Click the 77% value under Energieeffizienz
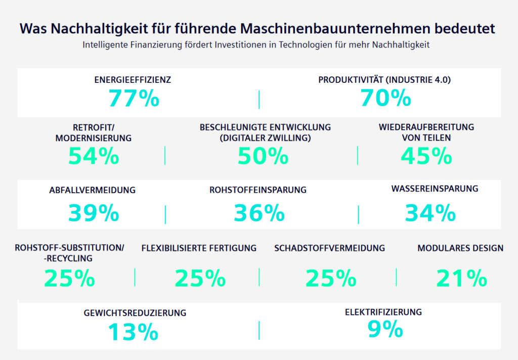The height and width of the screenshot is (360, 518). [x=134, y=98]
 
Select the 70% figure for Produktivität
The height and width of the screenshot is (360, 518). [x=385, y=98]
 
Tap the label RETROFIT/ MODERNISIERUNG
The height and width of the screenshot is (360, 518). [x=94, y=132]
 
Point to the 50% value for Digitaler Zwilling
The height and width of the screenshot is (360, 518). [x=263, y=157]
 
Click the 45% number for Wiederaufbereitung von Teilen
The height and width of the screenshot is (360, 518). [x=426, y=156]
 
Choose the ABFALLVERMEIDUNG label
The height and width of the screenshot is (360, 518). [x=93, y=191]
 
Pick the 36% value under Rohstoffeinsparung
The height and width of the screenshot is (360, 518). [x=259, y=213]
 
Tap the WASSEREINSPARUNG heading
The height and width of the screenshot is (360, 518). [x=435, y=189]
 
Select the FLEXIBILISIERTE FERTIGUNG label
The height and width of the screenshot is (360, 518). [x=199, y=248]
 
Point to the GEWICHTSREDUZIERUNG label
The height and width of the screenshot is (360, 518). [x=135, y=313]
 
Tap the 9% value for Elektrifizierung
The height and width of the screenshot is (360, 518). [x=385, y=330]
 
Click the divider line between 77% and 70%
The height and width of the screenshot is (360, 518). [x=259, y=100]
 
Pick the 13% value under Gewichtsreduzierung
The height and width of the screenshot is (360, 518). [x=133, y=332]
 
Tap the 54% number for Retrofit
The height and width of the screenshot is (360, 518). [x=94, y=156]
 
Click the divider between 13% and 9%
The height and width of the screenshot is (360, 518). [x=259, y=330]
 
